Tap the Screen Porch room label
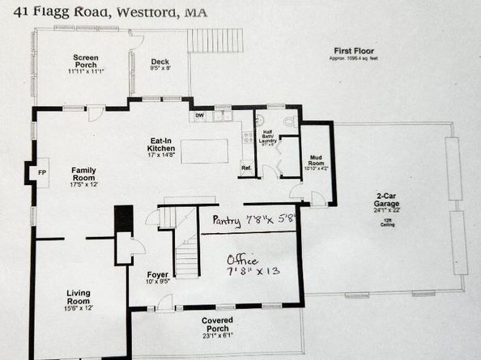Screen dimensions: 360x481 click(85, 63)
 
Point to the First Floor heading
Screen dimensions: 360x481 click(355, 51)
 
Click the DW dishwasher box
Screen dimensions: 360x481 click(199, 116)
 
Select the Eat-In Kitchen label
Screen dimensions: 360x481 click(161, 148)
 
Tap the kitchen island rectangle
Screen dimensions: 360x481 click(203, 151)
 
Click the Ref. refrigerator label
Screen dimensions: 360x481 click(246, 168)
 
